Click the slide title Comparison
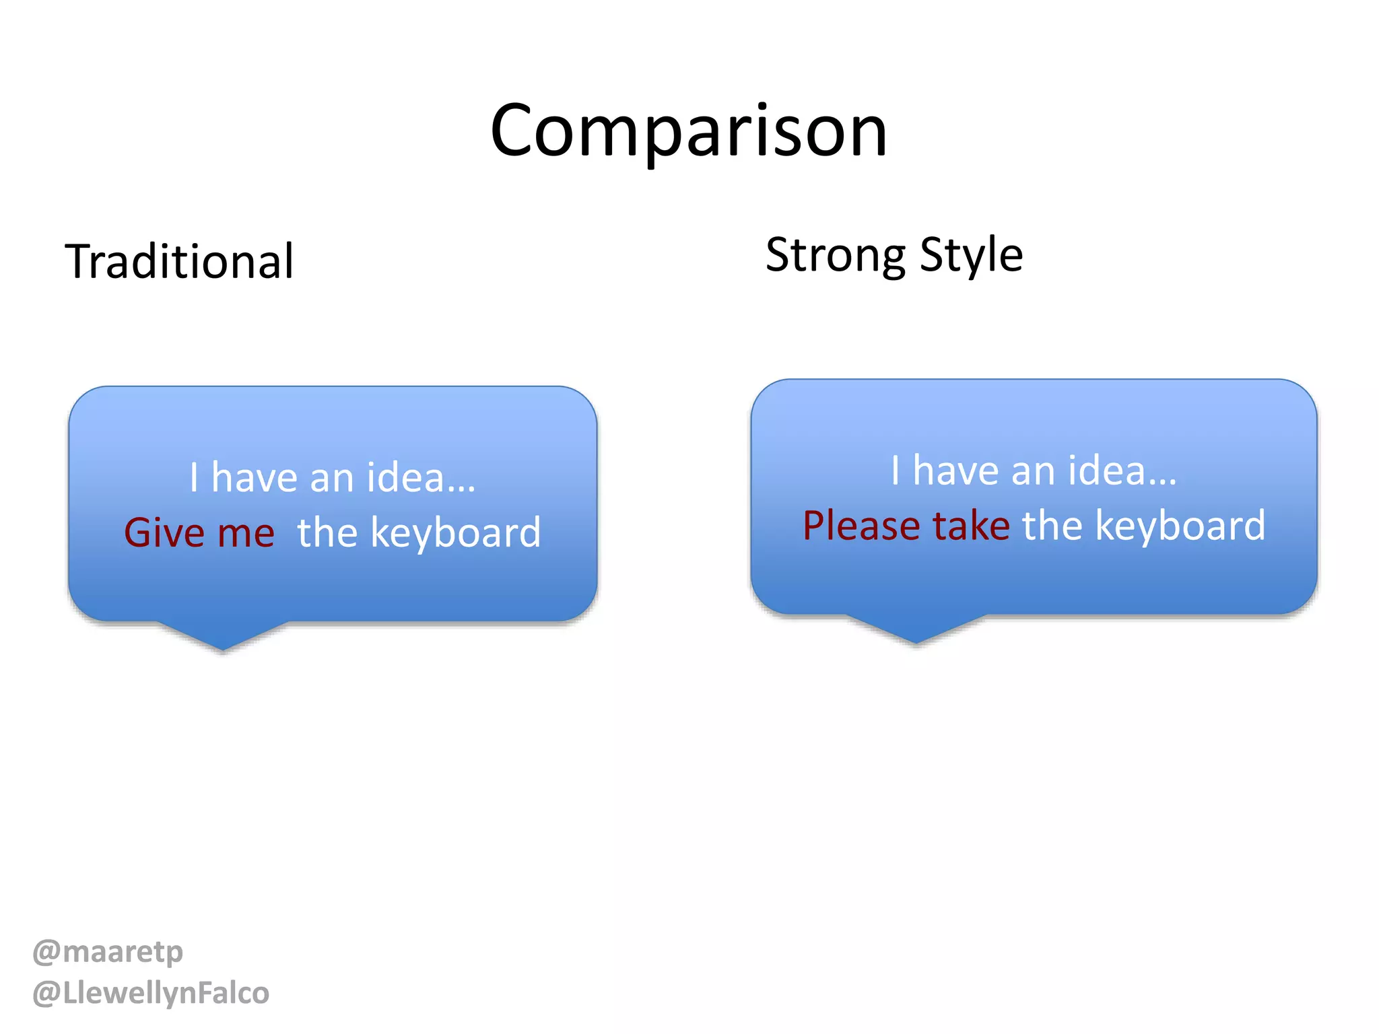pos(688,131)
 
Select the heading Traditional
pos(179,261)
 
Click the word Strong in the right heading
pos(836,256)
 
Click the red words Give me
pos(199,532)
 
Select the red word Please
pos(861,526)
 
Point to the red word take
pos(971,526)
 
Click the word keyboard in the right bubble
pos(1180,526)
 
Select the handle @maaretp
pos(108,952)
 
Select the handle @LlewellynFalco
pos(151,994)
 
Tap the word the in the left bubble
pos(327,533)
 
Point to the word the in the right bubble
pos(1052,526)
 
